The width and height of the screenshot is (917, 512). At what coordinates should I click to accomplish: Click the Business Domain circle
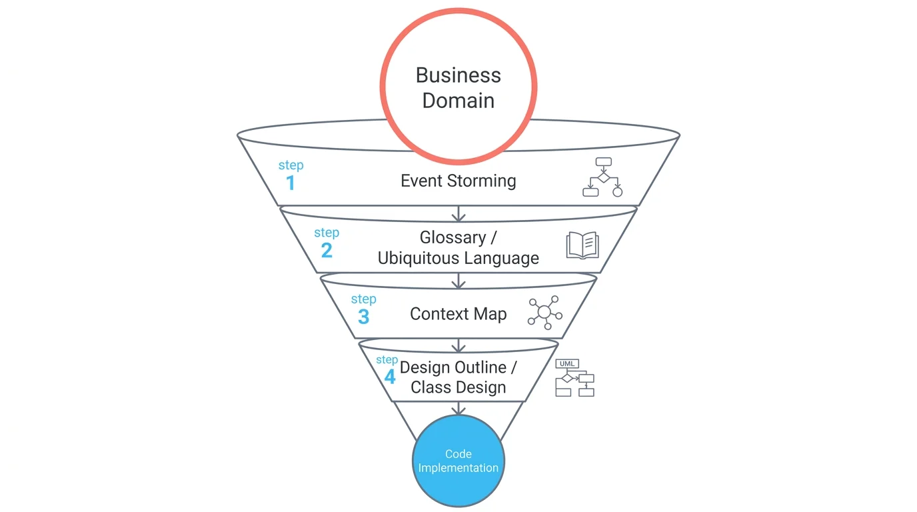[458, 87]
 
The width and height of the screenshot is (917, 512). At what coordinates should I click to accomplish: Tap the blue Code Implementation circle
[458, 461]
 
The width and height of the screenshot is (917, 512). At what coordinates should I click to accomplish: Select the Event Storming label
[458, 181]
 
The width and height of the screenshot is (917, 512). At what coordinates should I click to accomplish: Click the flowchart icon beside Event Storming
[602, 177]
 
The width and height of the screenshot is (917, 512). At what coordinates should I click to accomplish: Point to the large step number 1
[290, 183]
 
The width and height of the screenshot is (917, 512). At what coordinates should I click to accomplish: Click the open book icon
[582, 245]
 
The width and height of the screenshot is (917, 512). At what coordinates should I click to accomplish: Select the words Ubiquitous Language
[458, 258]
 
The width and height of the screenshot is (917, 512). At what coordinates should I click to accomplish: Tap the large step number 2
[327, 250]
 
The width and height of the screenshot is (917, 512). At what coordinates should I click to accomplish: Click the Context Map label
[458, 314]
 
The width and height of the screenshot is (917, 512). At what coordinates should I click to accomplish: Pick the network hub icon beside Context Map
[544, 312]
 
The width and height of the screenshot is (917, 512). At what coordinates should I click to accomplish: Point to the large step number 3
[363, 317]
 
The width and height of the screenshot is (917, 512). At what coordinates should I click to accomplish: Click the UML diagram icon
[574, 378]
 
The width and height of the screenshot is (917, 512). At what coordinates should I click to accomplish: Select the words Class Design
[458, 387]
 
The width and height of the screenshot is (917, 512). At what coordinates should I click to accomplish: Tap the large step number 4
[390, 377]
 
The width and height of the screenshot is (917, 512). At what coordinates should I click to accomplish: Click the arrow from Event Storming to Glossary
[458, 213]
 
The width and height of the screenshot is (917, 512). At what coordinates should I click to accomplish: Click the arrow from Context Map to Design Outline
[458, 345]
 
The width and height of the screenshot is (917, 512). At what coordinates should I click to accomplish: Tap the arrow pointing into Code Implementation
[458, 408]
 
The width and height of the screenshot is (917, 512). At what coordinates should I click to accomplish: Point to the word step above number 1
[291, 165]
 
